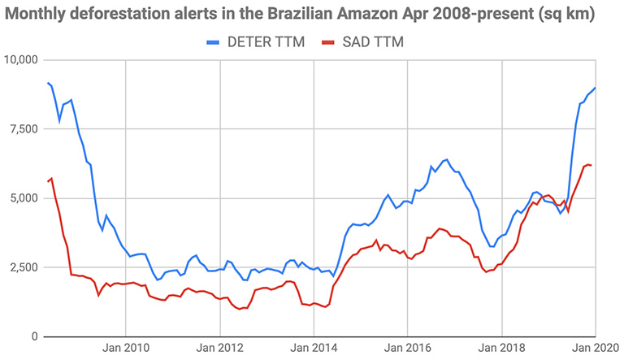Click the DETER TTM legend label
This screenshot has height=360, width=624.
267,42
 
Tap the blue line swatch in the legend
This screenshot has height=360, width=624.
213,42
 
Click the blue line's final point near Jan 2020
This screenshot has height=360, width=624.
596,88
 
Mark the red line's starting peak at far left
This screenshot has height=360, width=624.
52,179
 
